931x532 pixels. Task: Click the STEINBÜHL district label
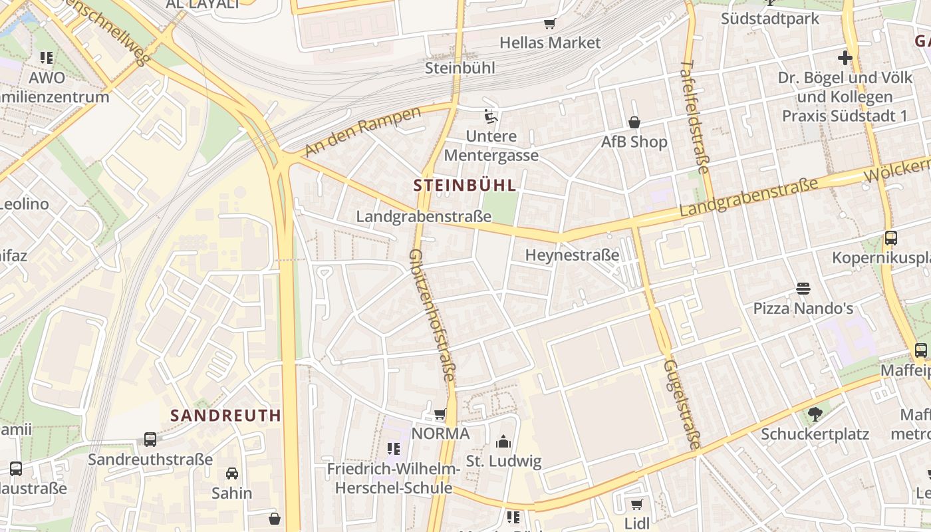(x=464, y=186)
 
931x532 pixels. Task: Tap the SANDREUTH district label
(x=225, y=416)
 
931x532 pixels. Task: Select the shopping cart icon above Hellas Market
(x=549, y=24)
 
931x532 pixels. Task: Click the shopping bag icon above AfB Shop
(x=634, y=122)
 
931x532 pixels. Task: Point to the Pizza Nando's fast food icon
(x=803, y=289)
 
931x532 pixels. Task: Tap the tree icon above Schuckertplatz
(x=815, y=415)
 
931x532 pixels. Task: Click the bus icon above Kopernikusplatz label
(x=890, y=237)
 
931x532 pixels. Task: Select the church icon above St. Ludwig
(x=503, y=442)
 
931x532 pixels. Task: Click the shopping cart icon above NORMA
(x=440, y=414)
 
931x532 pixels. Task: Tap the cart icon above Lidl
(x=636, y=504)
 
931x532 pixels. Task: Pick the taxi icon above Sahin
(x=231, y=473)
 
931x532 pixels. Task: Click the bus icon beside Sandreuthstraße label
(x=150, y=440)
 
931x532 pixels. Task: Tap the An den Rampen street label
(x=363, y=131)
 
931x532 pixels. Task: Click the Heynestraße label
(x=572, y=255)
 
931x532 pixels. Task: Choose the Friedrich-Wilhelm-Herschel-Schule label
(x=393, y=479)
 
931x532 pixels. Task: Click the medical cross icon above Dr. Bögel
(x=845, y=58)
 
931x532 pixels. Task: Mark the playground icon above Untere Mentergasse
(x=491, y=117)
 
